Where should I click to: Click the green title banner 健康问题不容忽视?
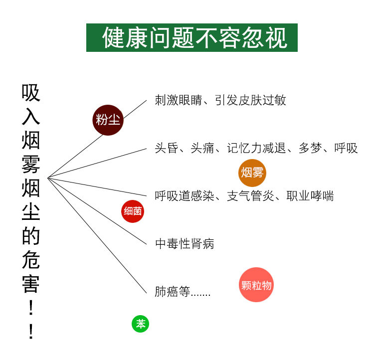pyautogui.click(x=192, y=37)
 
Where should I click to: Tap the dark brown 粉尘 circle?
pyautogui.click(x=108, y=120)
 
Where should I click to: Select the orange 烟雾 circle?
pyautogui.click(x=252, y=173)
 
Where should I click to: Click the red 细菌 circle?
pyautogui.click(x=133, y=211)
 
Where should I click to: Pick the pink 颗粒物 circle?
pyautogui.click(x=256, y=285)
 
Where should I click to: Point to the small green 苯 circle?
pyautogui.click(x=141, y=324)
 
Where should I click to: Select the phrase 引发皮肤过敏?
pyautogui.click(x=251, y=100)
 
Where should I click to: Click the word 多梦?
pyautogui.click(x=310, y=148)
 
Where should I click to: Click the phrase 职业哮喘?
pyautogui.click(x=310, y=196)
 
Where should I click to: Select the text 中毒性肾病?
pyautogui.click(x=185, y=244)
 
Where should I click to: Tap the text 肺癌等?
pyautogui.click(x=173, y=292)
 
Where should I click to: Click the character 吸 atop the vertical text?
pyautogui.click(x=31, y=93)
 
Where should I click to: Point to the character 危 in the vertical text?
pyautogui.click(x=31, y=260)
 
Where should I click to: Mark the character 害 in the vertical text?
pyautogui.click(x=31, y=283)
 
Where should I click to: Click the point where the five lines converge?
pyautogui.click(x=48, y=178)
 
